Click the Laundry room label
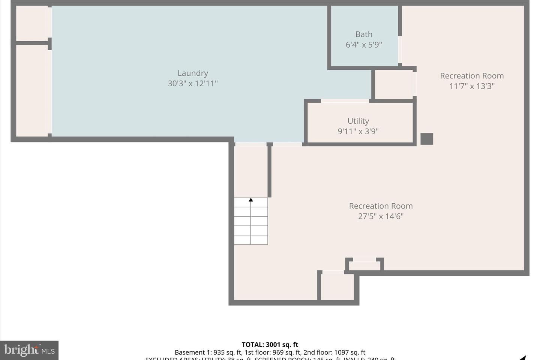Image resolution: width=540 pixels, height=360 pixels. [x=192, y=73]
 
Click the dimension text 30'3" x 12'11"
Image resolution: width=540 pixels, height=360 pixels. [x=192, y=83]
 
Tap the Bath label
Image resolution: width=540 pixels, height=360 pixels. [x=364, y=34]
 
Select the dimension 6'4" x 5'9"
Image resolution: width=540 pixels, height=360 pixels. [x=364, y=45]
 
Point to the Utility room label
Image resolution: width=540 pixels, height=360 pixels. [x=358, y=121]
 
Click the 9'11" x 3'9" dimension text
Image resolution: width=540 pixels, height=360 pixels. [x=358, y=131]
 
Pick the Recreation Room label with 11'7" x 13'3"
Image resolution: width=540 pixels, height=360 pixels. [x=472, y=76]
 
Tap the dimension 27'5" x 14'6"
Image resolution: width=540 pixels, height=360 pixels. [x=381, y=216]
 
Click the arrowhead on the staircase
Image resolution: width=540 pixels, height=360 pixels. [x=251, y=200]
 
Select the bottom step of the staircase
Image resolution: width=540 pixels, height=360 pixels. [x=251, y=240]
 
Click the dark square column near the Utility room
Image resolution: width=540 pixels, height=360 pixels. [x=427, y=139]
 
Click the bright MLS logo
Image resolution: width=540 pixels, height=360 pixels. [x=29, y=350]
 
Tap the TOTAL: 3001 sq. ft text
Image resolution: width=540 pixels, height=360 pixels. [x=270, y=345]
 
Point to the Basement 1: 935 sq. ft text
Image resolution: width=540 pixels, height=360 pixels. [x=208, y=352]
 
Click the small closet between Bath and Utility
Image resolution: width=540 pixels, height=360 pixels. [x=394, y=84]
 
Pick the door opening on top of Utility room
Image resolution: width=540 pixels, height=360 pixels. [x=345, y=101]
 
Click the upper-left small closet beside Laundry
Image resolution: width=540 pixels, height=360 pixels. [x=32, y=23]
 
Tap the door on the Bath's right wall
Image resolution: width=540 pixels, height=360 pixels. [x=400, y=49]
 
